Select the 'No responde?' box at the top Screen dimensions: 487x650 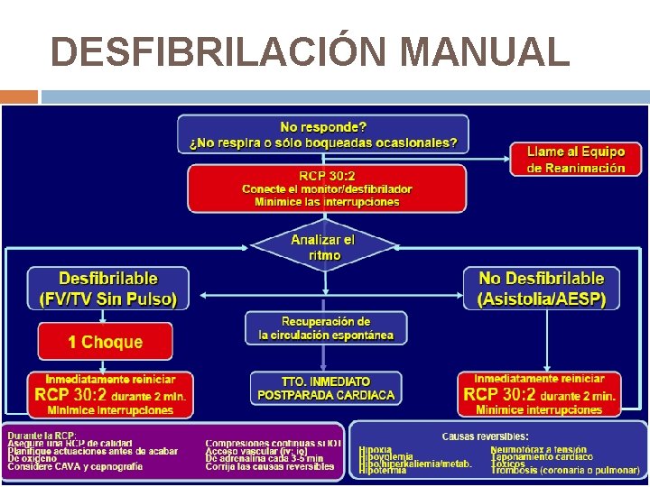click(322, 134)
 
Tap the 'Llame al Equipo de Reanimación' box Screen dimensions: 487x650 click(575, 160)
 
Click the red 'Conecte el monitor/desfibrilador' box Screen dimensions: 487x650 click(327, 188)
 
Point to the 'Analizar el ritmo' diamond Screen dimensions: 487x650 click(322, 246)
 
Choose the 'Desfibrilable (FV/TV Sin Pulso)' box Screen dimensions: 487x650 click(107, 289)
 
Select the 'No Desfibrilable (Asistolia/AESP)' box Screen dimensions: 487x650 click(542, 289)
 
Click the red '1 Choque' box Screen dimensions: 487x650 click(105, 342)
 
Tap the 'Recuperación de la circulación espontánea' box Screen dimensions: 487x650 click(325, 328)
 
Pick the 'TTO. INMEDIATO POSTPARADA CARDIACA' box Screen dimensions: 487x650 click(326, 389)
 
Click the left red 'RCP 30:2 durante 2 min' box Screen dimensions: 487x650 click(109, 394)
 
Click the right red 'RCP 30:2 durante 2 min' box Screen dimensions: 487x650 click(539, 394)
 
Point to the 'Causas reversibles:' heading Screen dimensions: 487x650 click(485, 436)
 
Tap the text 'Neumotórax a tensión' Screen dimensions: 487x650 click(538, 449)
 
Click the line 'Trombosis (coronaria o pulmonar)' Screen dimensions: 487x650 click(564, 470)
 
